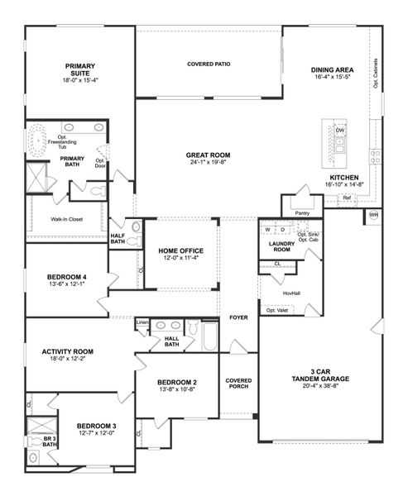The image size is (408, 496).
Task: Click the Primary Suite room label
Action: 81,69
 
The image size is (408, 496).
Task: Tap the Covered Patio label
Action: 208,64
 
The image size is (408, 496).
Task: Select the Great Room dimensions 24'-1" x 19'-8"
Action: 208,162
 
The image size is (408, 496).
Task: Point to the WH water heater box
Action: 373,216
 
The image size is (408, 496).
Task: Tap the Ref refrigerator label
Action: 346,198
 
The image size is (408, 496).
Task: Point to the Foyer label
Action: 238,317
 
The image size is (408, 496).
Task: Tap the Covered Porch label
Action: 238,384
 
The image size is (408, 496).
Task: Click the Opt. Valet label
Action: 276,312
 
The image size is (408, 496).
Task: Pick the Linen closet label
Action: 142,322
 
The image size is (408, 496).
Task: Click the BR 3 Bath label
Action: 49,440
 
